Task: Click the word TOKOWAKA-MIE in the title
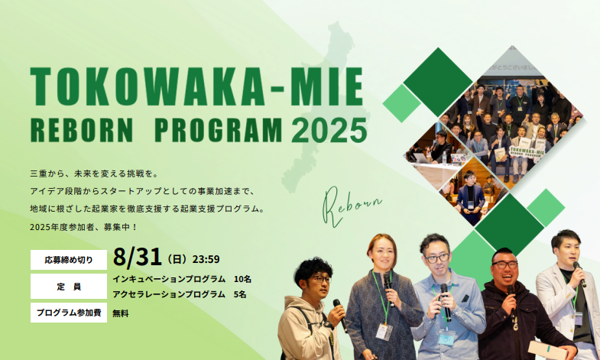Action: (196, 87)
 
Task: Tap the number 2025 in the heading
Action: (329, 131)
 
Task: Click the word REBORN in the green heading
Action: (82, 131)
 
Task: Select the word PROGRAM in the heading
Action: (218, 131)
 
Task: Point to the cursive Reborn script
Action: (350, 206)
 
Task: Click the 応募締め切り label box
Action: (69, 260)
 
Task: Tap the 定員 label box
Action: (69, 286)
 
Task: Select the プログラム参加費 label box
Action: (69, 313)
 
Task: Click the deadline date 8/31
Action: (137, 257)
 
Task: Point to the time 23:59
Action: (206, 259)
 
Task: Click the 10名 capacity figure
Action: (242, 279)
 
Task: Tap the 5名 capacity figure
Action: (239, 294)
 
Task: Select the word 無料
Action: (121, 313)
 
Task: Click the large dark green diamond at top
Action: (438, 82)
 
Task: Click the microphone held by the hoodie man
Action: (340, 315)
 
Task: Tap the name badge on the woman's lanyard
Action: (384, 332)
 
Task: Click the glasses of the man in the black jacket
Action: (504, 264)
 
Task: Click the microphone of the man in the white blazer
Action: (579, 274)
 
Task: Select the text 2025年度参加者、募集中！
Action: (84, 227)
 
